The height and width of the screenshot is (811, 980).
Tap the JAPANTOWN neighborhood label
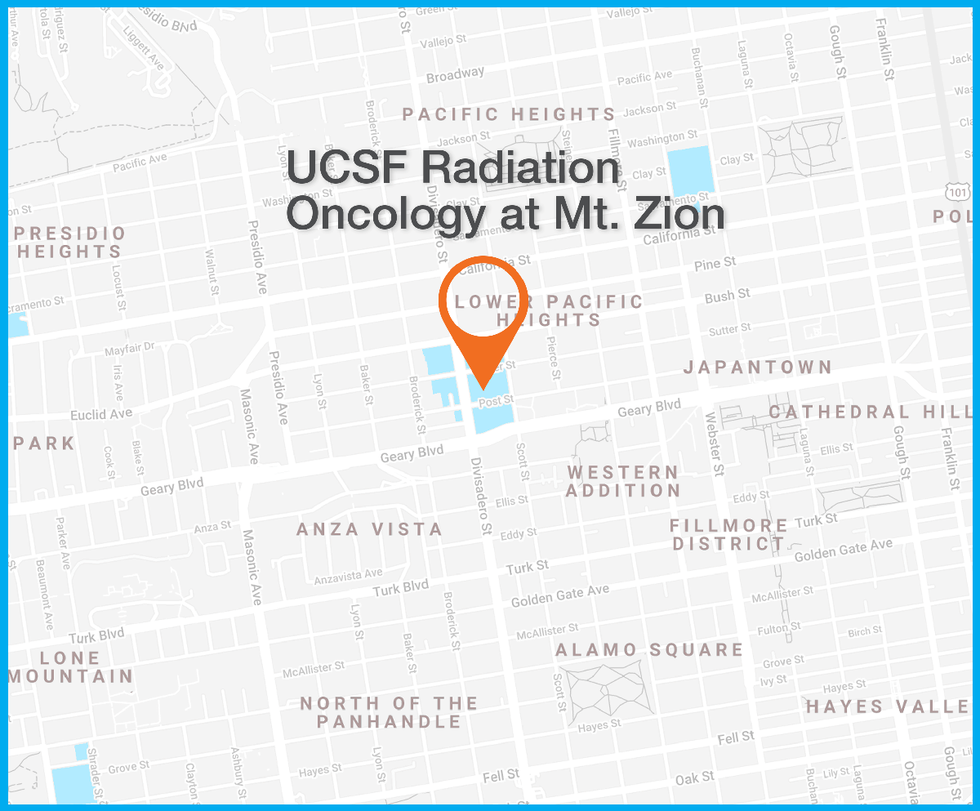click(x=757, y=368)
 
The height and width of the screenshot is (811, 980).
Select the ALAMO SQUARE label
click(x=649, y=650)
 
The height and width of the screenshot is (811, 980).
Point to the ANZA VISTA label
click(x=369, y=529)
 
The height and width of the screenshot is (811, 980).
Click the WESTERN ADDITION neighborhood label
click(x=623, y=481)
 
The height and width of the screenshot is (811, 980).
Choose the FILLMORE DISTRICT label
click(x=729, y=534)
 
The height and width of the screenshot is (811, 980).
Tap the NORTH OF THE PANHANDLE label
click(x=389, y=712)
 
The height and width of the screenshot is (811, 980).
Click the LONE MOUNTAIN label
click(x=70, y=666)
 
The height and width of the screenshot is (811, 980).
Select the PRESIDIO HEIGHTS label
click(x=70, y=243)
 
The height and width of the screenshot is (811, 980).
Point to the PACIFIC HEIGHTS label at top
click(x=509, y=114)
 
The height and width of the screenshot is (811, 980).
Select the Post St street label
click(x=496, y=401)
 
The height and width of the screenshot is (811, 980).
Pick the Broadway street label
click(x=455, y=76)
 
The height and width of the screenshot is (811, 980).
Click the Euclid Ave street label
click(x=101, y=414)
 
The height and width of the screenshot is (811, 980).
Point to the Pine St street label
click(x=715, y=265)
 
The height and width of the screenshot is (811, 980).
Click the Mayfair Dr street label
click(x=129, y=349)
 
